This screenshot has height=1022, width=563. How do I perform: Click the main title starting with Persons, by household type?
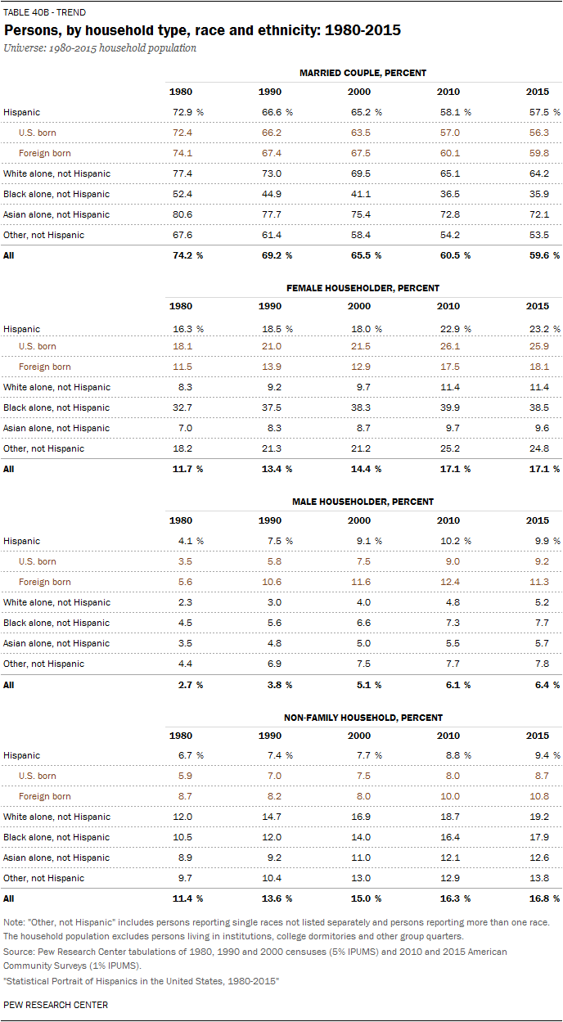[202, 31]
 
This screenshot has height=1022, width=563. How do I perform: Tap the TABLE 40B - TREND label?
[44, 12]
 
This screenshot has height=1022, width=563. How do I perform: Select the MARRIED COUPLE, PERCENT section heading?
[363, 73]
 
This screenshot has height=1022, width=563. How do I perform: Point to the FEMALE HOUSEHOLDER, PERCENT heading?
[363, 288]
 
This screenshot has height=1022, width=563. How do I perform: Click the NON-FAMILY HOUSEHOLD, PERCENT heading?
[363, 717]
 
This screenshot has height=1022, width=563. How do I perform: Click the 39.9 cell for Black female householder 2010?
[448, 407]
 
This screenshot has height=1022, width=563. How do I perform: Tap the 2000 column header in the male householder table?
[359, 520]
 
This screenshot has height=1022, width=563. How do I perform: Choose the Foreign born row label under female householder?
[44, 367]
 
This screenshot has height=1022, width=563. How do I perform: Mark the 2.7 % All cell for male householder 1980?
[185, 684]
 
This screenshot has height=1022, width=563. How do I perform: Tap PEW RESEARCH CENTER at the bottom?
[56, 1004]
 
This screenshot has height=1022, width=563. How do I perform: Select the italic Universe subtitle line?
[100, 48]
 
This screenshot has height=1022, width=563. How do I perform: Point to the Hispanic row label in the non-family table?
[21, 755]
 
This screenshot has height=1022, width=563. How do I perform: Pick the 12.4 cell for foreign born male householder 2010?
[448, 582]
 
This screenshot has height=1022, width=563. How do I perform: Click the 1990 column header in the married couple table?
[270, 92]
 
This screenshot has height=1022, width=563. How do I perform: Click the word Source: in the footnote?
[19, 952]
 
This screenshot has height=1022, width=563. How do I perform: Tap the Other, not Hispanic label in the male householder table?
[43, 664]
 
